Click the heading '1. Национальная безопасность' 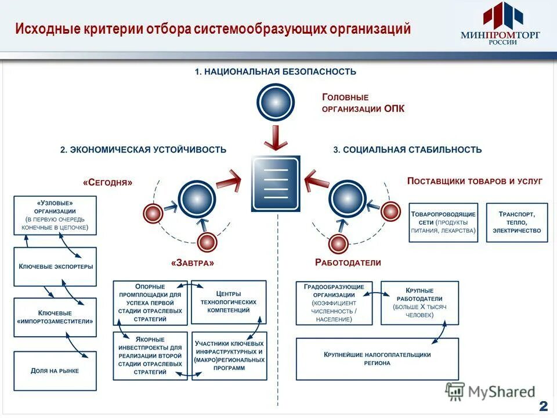(275, 71)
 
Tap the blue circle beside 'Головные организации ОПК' (276, 102)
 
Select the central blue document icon (276, 183)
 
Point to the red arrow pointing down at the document (276, 138)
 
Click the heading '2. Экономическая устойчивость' (143, 149)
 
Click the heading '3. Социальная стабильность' (407, 149)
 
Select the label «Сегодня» (108, 182)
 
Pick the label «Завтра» (193, 262)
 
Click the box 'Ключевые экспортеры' (55, 266)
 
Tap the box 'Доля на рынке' (55, 370)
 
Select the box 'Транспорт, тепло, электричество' (516, 222)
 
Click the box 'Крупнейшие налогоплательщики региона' (377, 359)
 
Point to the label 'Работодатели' (348, 262)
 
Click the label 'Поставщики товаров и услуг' (475, 181)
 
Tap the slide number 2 (543, 405)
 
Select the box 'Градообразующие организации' (334, 303)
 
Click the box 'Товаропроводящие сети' (443, 222)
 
